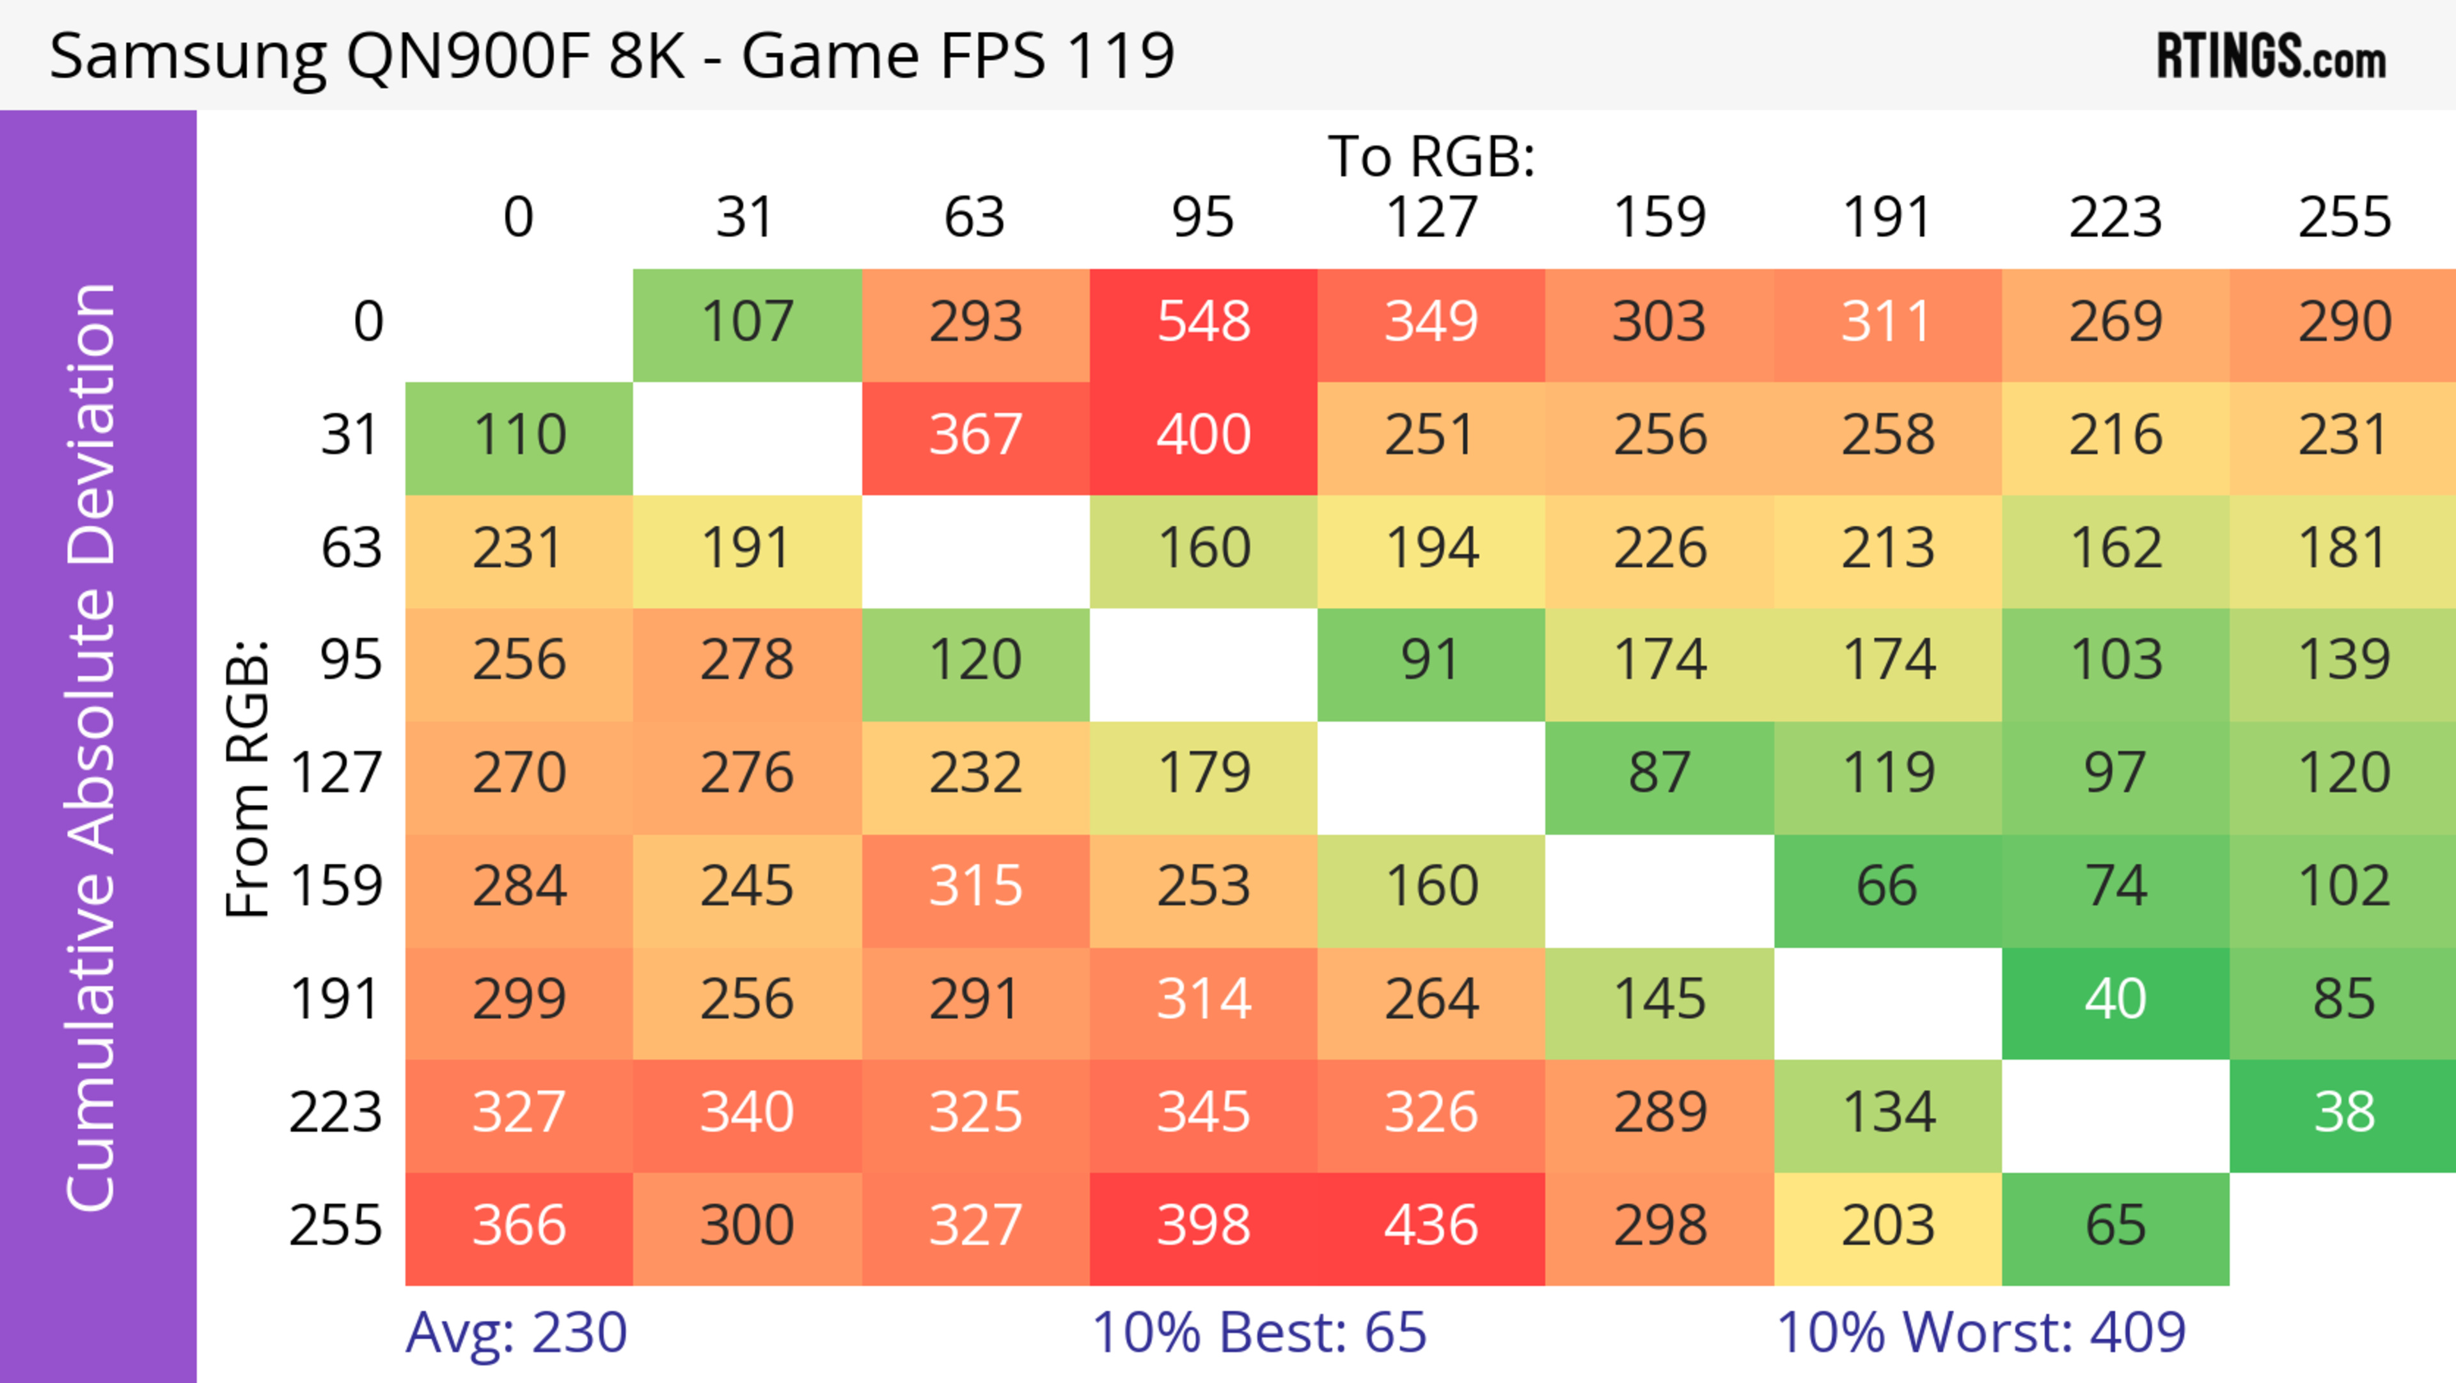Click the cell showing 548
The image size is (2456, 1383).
[1203, 323]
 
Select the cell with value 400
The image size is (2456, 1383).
[1203, 436]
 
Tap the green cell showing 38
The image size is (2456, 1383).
[2343, 1113]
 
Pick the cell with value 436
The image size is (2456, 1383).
[1431, 1227]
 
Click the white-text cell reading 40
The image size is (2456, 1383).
[2114, 1000]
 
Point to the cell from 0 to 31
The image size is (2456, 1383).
[746, 323]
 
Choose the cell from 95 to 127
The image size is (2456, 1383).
[1431, 662]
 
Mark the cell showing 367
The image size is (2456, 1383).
[975, 436]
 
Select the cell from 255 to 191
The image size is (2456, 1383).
[1888, 1227]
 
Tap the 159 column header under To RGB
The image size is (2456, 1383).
[1659, 218]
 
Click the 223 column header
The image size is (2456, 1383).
[2114, 218]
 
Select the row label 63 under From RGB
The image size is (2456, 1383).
[351, 548]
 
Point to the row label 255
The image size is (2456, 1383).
[336, 1227]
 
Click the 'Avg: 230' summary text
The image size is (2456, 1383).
[516, 1334]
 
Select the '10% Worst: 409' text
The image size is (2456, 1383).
[1980, 1334]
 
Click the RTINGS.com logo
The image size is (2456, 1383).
[2271, 56]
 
